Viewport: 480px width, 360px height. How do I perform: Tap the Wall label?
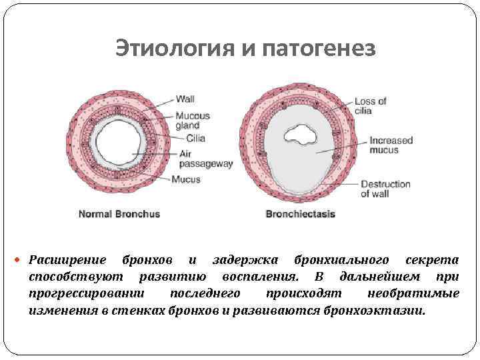[185, 99]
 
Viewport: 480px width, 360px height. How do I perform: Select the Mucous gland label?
[192, 120]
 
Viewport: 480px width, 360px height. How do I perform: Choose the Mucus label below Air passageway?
[185, 179]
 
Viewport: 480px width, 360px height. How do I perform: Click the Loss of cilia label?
[370, 105]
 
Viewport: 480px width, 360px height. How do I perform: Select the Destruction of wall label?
[385, 189]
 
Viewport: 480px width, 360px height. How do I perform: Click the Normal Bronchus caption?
[119, 214]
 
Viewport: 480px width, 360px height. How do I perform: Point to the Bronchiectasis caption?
[300, 214]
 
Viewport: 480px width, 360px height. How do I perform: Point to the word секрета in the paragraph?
[432, 259]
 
